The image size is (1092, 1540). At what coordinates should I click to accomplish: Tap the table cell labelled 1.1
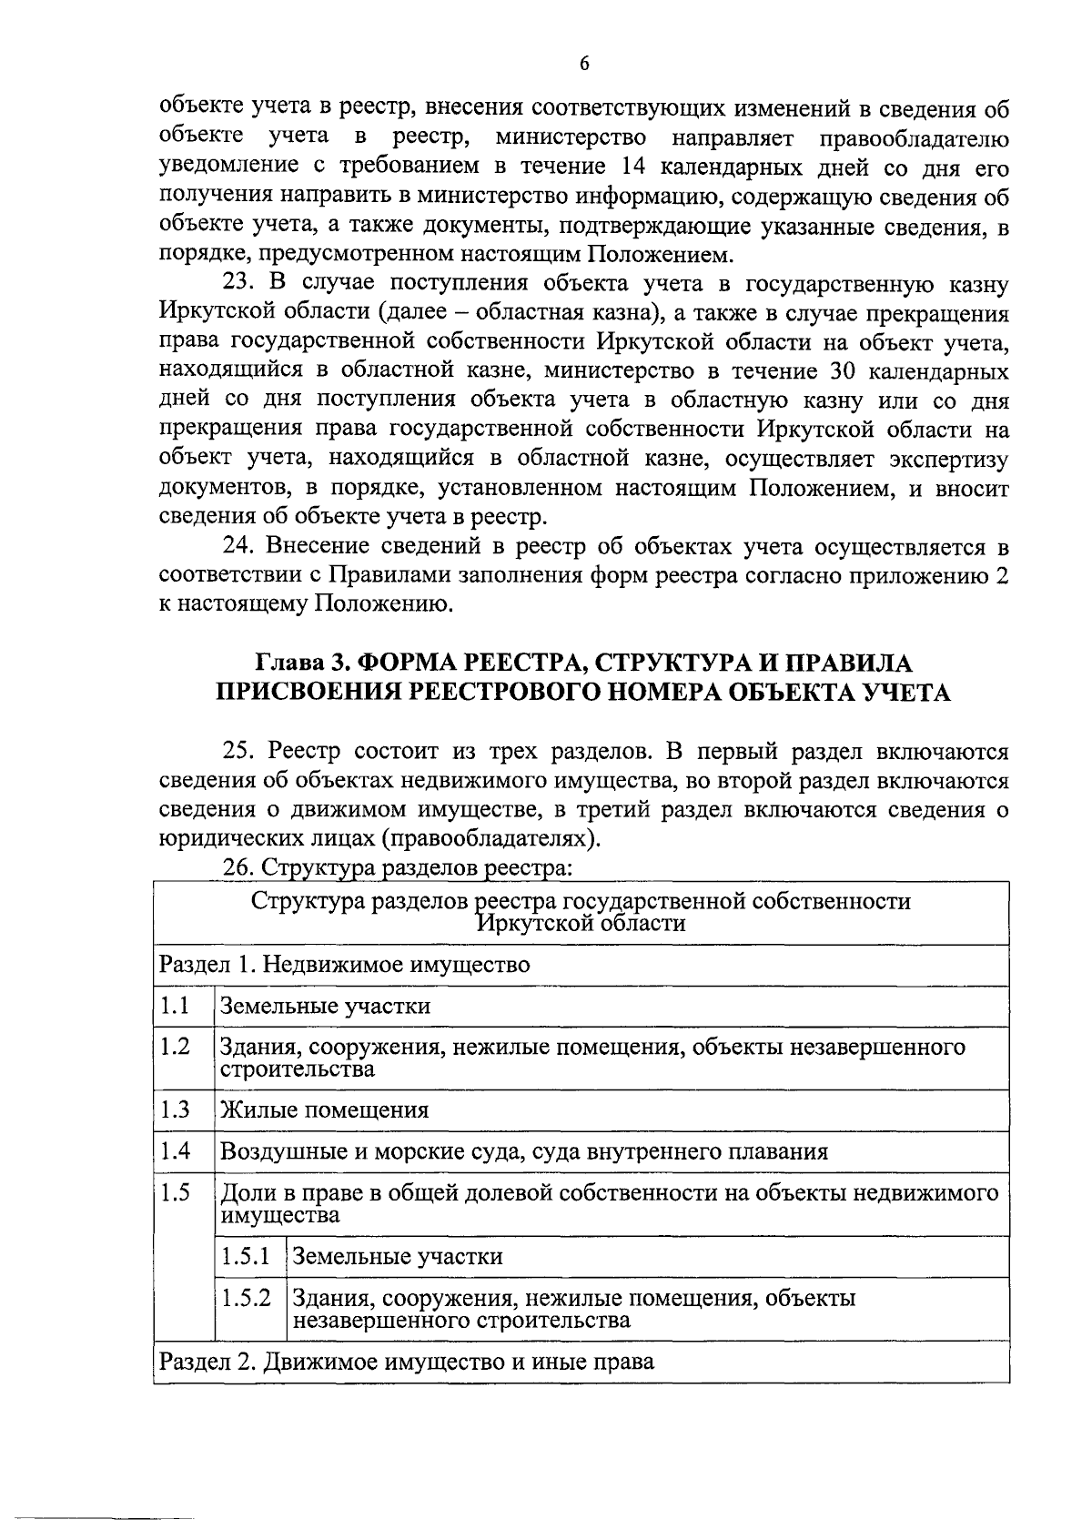click(x=175, y=1006)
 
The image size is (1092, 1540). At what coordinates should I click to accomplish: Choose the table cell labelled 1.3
click(x=175, y=1109)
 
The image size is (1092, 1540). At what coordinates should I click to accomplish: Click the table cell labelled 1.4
click(x=175, y=1151)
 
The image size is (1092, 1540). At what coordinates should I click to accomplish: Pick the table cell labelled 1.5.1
click(x=246, y=1257)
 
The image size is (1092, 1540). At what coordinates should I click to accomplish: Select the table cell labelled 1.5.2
click(x=246, y=1298)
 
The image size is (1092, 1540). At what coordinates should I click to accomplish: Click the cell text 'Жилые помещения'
click(x=325, y=1110)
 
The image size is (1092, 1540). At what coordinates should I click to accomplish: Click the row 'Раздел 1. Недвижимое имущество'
click(x=345, y=965)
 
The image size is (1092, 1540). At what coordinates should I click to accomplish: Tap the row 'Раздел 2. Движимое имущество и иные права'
click(x=407, y=1363)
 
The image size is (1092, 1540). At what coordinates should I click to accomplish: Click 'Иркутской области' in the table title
click(x=581, y=924)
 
